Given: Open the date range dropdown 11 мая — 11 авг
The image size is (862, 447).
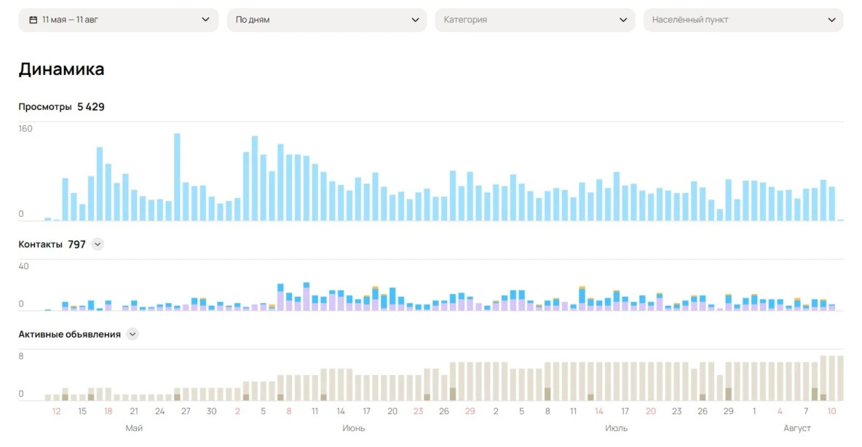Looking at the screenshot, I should click(119, 20).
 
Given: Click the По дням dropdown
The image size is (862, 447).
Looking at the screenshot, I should click(327, 20).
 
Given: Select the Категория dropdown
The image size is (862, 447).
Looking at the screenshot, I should click(535, 20).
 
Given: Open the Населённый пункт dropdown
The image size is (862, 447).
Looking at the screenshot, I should click(743, 20).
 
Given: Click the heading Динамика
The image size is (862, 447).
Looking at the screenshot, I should click(61, 69).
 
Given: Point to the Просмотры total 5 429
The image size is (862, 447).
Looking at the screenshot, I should click(91, 107).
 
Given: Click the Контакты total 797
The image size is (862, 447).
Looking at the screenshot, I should click(76, 245).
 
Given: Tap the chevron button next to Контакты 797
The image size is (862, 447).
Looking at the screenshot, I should click(98, 245).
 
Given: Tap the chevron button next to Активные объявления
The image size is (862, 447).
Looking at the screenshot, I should click(133, 334).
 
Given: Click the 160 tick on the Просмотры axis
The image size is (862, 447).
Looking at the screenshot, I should click(25, 129).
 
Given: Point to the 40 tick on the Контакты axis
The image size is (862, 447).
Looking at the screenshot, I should click(24, 266).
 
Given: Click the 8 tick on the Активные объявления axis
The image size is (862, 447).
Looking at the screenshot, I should click(21, 356).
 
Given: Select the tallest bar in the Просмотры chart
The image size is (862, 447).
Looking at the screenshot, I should click(177, 177).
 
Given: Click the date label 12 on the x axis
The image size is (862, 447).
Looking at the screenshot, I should click(57, 411).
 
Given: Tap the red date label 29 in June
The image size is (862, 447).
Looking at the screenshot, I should click(470, 411).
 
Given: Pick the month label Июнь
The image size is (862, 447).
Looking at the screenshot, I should click(354, 428).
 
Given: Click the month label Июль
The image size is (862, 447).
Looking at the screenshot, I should click(617, 428).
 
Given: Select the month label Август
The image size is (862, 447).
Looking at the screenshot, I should click(797, 428).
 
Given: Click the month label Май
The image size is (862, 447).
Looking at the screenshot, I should click(134, 428).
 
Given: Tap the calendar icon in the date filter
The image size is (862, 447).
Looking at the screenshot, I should click(33, 20).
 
